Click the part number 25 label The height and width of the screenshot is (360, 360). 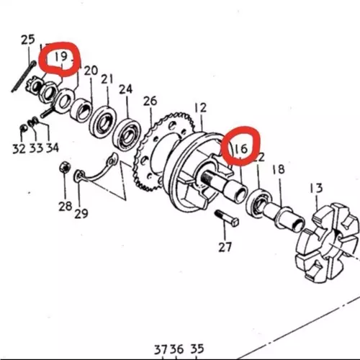28,40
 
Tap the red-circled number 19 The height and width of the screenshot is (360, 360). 61,57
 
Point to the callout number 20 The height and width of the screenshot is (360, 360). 91,71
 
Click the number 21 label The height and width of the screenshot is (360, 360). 107,79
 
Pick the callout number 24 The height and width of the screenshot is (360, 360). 126,89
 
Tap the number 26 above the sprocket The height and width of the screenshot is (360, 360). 150,101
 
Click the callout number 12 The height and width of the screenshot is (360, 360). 201,108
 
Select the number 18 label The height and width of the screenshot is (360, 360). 279,169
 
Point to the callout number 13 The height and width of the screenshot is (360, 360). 316,188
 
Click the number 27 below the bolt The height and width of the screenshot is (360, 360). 225,247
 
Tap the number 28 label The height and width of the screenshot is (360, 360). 66,206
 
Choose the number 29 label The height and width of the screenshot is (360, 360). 81,213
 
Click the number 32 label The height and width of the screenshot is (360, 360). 19,149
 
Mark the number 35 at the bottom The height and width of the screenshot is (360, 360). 197,349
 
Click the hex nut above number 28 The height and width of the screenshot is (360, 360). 65,167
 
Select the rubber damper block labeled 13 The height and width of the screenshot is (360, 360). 328,242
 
